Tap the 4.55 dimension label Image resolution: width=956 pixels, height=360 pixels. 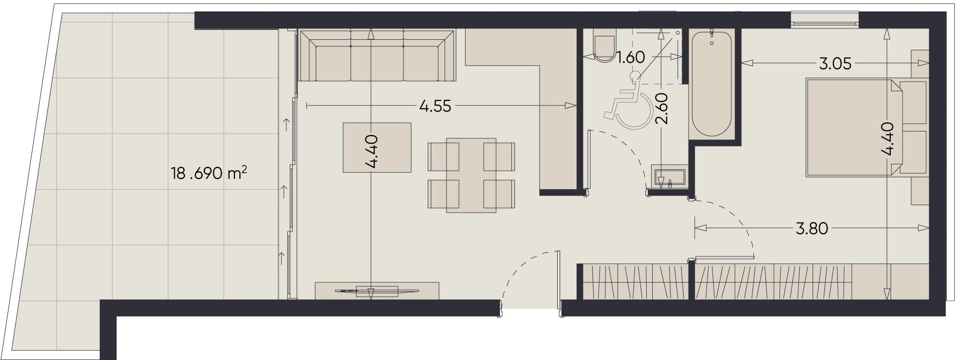(436, 106)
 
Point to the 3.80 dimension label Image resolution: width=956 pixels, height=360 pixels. (812, 229)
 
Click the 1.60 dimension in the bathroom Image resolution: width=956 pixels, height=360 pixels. (631, 58)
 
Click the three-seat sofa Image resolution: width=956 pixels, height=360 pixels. (376, 55)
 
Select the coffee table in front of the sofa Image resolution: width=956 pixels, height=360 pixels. (377, 147)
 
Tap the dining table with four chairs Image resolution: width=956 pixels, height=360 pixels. (471, 176)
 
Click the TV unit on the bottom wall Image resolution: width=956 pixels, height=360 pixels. (377, 290)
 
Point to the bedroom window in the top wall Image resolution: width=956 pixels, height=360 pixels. (825, 19)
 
